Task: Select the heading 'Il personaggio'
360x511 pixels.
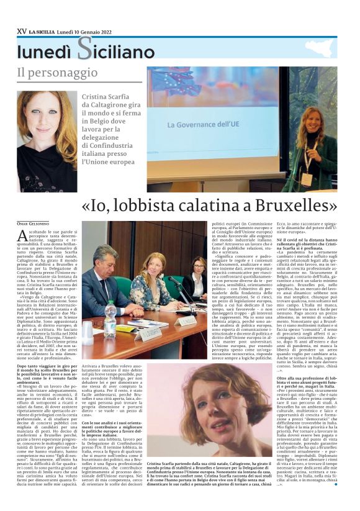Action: tap(56, 73)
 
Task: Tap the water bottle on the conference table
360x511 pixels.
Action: tap(111, 316)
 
